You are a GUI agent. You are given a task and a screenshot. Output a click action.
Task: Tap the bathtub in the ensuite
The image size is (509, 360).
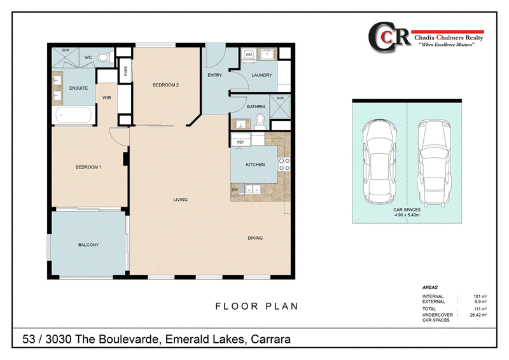pos(74,115)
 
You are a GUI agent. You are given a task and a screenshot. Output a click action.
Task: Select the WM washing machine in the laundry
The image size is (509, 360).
pos(249,55)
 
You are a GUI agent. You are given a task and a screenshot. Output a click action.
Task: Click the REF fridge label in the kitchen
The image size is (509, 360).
pos(241,142)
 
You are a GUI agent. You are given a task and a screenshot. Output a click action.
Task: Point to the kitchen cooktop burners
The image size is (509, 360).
pos(284,164)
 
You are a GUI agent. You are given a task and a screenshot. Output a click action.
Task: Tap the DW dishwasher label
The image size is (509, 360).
pos(235,190)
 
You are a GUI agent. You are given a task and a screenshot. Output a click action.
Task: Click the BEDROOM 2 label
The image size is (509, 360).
pos(166,85)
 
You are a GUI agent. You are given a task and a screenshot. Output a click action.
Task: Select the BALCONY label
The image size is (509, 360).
pos(88,245)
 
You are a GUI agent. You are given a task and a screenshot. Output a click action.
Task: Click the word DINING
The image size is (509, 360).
pos(255,238)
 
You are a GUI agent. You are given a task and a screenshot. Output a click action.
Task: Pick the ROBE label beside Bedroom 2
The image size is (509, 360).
pos(125,71)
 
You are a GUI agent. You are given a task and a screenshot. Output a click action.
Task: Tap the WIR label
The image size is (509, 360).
pos(107,98)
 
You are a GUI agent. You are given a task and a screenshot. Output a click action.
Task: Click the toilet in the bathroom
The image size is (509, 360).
pos(260,121)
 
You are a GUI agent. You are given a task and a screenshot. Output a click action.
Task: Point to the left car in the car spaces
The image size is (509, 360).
pos(380,162)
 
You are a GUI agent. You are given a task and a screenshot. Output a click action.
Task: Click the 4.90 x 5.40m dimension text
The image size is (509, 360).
pos(407,215)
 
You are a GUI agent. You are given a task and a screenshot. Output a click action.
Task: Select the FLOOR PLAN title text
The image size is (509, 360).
pos(257,306)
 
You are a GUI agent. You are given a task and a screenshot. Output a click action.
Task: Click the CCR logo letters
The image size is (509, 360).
pos(389,37)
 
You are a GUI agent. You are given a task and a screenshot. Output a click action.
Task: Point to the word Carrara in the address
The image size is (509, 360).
pos(271,339)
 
